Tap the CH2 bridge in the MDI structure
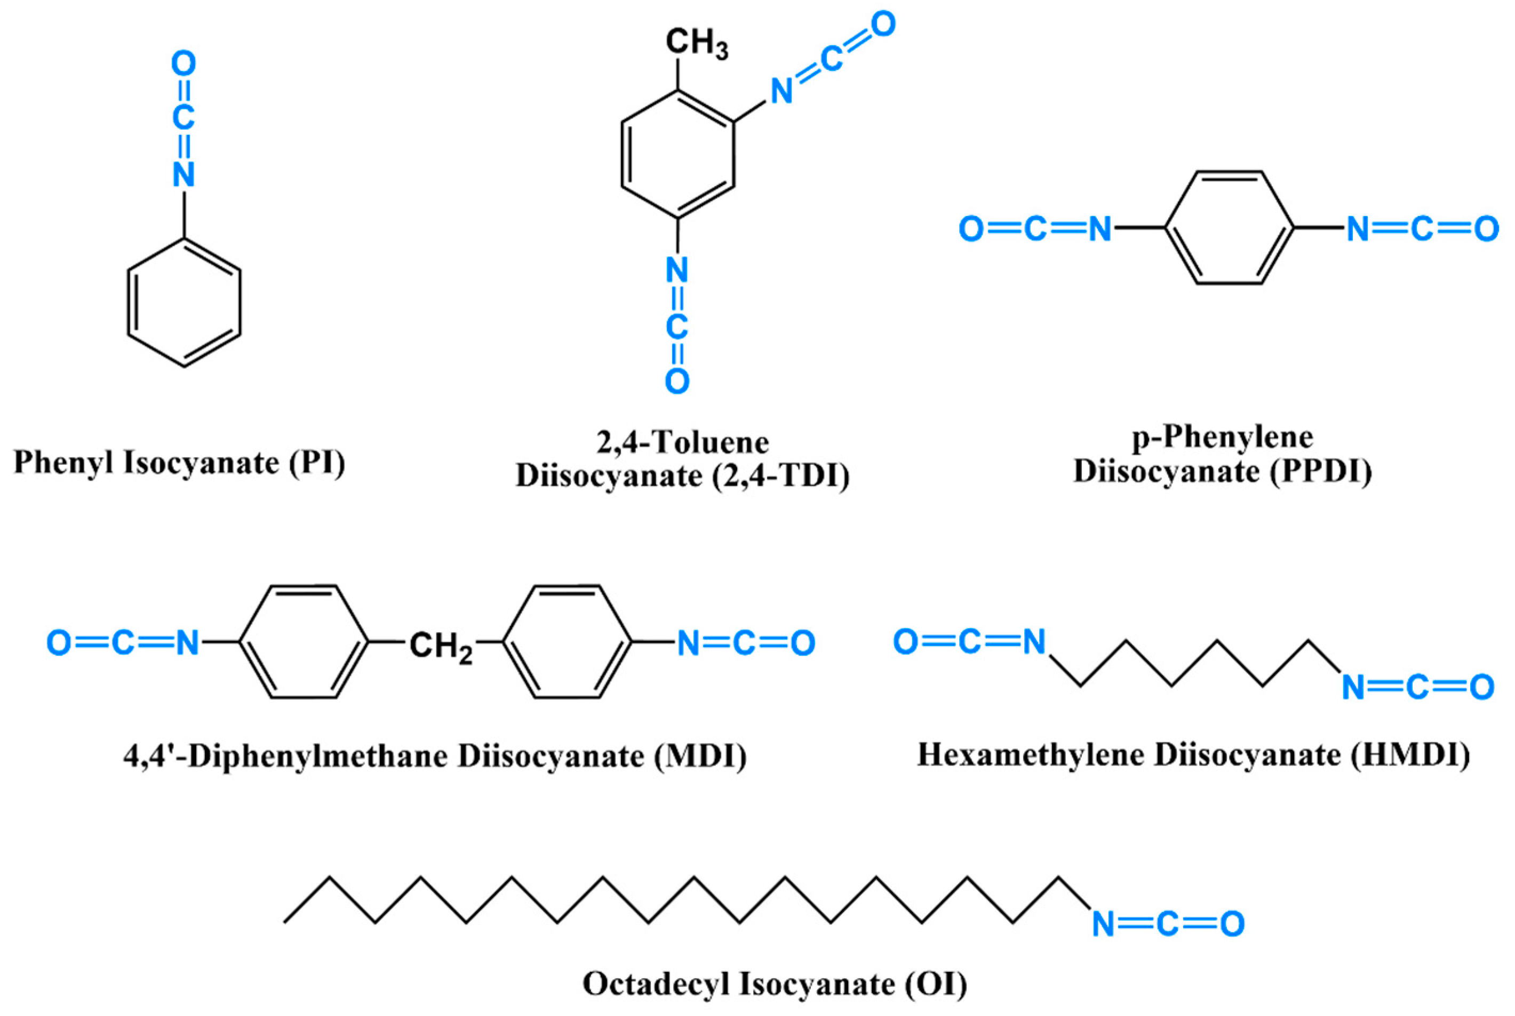pyautogui.click(x=441, y=646)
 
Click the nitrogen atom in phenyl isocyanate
pyautogui.click(x=184, y=174)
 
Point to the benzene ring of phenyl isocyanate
pyautogui.click(x=184, y=303)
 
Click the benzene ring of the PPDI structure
pyautogui.click(x=1229, y=228)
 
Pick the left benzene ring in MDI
pyautogui.click(x=304, y=642)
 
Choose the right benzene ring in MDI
pyautogui.click(x=567, y=642)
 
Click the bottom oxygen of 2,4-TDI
pyautogui.click(x=677, y=382)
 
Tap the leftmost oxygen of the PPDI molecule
pyautogui.click(x=970, y=229)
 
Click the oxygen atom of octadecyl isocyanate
pyautogui.click(x=1232, y=924)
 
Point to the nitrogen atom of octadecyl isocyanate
pyautogui.click(x=1103, y=924)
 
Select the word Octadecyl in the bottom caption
pyautogui.click(x=657, y=983)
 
